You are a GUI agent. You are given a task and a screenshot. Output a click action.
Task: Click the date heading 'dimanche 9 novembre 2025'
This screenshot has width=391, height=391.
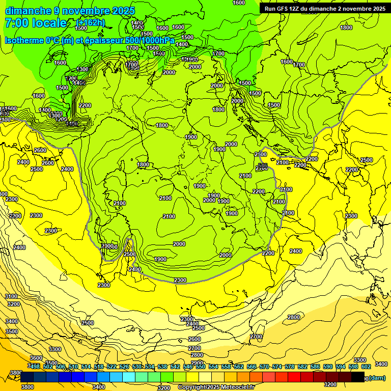coord(70,11)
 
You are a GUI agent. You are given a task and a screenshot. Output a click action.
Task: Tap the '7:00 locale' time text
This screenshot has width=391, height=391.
coord(36,23)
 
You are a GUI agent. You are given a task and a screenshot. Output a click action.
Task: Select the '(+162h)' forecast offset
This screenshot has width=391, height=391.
coord(91,23)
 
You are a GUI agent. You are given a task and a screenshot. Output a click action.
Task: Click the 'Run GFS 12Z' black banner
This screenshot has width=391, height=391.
coord(324,9)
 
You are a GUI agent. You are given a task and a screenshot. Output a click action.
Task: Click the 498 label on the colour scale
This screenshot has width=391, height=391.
coord(34,367)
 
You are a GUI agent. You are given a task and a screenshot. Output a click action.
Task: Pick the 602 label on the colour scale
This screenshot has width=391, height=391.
coord(366,367)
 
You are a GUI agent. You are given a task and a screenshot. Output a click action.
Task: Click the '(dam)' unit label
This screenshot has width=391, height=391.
coord(377,378)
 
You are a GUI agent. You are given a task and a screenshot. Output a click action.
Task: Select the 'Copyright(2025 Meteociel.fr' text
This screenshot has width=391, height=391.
coord(216,387)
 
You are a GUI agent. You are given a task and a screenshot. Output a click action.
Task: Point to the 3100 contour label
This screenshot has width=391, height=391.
coord(12,296)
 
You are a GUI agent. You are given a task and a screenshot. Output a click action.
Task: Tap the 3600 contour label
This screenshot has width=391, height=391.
coord(36,358)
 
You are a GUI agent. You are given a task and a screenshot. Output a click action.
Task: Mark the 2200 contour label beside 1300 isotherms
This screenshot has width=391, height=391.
coord(85,105)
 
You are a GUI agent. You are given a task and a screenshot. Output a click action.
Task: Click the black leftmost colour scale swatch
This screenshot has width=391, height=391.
coord(27,377)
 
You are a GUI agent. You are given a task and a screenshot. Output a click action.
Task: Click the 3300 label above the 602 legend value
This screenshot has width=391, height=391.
coord(360,360)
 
